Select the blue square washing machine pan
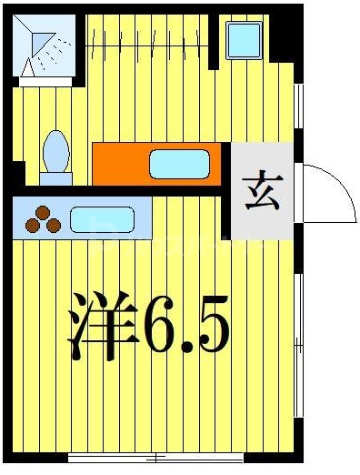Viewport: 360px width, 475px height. pos(244,41)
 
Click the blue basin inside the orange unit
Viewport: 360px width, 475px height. pos(179,165)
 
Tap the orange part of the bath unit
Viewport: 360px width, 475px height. pos(118,165)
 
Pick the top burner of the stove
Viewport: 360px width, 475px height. pos(42,213)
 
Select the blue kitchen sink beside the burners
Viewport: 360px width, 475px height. pos(102,220)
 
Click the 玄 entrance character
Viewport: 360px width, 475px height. pos(262,191)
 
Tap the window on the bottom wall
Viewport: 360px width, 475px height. pos(156,457)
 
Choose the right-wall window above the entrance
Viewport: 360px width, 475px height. pos(298,109)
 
